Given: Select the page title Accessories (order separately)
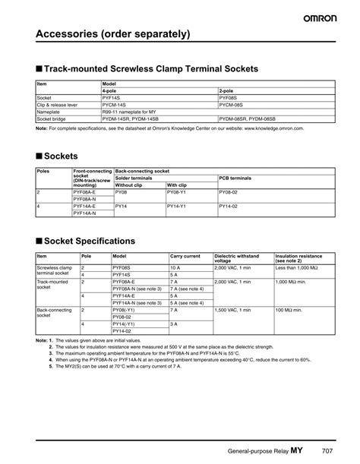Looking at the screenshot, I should click(112, 35).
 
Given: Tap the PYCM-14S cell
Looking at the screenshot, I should click(116, 105).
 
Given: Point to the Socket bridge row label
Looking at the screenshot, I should click(54, 119).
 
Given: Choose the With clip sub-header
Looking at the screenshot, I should click(177, 185).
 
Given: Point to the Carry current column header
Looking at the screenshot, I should click(185, 257).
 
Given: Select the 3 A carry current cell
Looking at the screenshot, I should click(174, 324).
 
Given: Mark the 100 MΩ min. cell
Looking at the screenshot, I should click(290, 310).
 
